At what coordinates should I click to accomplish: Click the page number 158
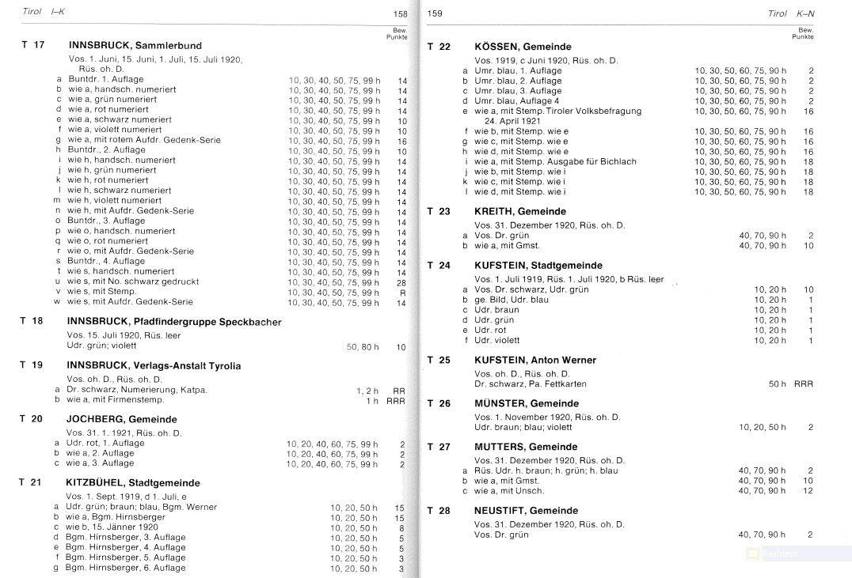[400, 14]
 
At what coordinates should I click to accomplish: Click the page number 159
[435, 14]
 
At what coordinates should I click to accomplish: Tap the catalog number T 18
[32, 321]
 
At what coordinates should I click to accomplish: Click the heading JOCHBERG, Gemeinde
[122, 419]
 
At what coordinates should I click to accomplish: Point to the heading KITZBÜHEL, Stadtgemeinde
[133, 482]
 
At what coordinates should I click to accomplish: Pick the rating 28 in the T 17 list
[401, 282]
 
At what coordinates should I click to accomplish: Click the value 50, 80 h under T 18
[363, 347]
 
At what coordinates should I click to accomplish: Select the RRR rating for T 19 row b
[396, 400]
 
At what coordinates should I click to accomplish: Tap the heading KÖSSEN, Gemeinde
[523, 47]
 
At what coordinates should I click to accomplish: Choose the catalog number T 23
[439, 211]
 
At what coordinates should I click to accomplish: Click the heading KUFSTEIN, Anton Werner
[535, 360]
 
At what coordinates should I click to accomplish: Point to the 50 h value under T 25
[778, 384]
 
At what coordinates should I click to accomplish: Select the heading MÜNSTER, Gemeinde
[527, 403]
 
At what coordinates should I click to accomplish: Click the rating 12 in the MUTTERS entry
[808, 491]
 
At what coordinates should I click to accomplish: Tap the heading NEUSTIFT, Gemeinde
[527, 511]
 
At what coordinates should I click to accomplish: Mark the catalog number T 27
[439, 447]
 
